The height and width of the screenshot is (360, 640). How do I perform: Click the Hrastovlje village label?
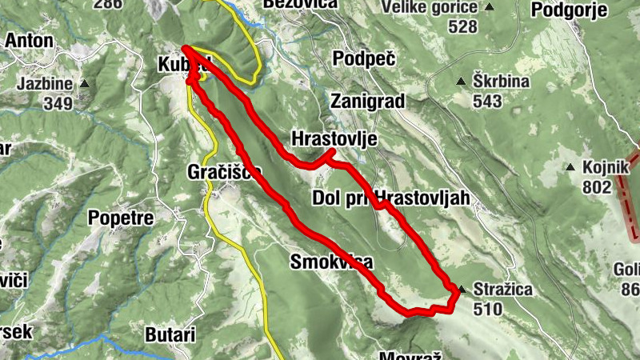[334, 138]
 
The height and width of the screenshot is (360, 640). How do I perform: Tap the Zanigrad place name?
[367, 101]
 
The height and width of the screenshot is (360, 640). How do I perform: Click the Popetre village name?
[120, 217]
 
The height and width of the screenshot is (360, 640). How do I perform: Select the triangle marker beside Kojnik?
[570, 167]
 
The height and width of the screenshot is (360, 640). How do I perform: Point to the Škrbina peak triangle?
[461, 81]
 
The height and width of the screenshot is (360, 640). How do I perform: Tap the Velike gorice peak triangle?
[490, 8]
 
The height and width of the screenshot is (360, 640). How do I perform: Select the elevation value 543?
[486, 101]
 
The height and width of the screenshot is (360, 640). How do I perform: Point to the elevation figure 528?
[462, 26]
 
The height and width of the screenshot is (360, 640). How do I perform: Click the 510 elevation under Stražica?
[486, 308]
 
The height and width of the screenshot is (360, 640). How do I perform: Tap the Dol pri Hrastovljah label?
[390, 198]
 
